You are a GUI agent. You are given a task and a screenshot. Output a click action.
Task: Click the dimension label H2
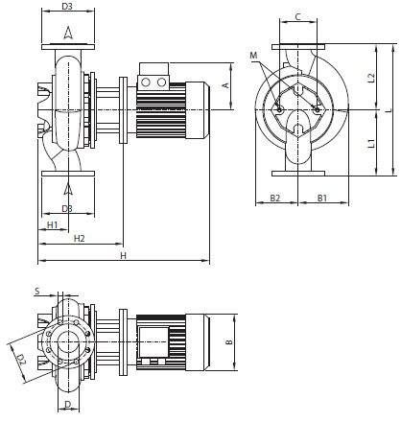79,238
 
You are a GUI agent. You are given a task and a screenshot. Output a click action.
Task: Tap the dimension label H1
52,224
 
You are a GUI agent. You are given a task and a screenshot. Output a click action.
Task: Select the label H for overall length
124,255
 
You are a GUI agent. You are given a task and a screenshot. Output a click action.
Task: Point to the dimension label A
225,85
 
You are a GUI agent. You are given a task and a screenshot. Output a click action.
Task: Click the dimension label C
297,16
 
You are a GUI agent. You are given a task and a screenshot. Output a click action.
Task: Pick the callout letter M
253,56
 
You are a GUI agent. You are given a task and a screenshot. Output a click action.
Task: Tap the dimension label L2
371,78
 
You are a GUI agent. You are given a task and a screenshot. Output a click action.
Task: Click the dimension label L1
371,143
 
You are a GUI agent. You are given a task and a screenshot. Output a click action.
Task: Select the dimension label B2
275,198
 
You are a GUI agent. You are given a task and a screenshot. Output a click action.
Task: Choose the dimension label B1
322,198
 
